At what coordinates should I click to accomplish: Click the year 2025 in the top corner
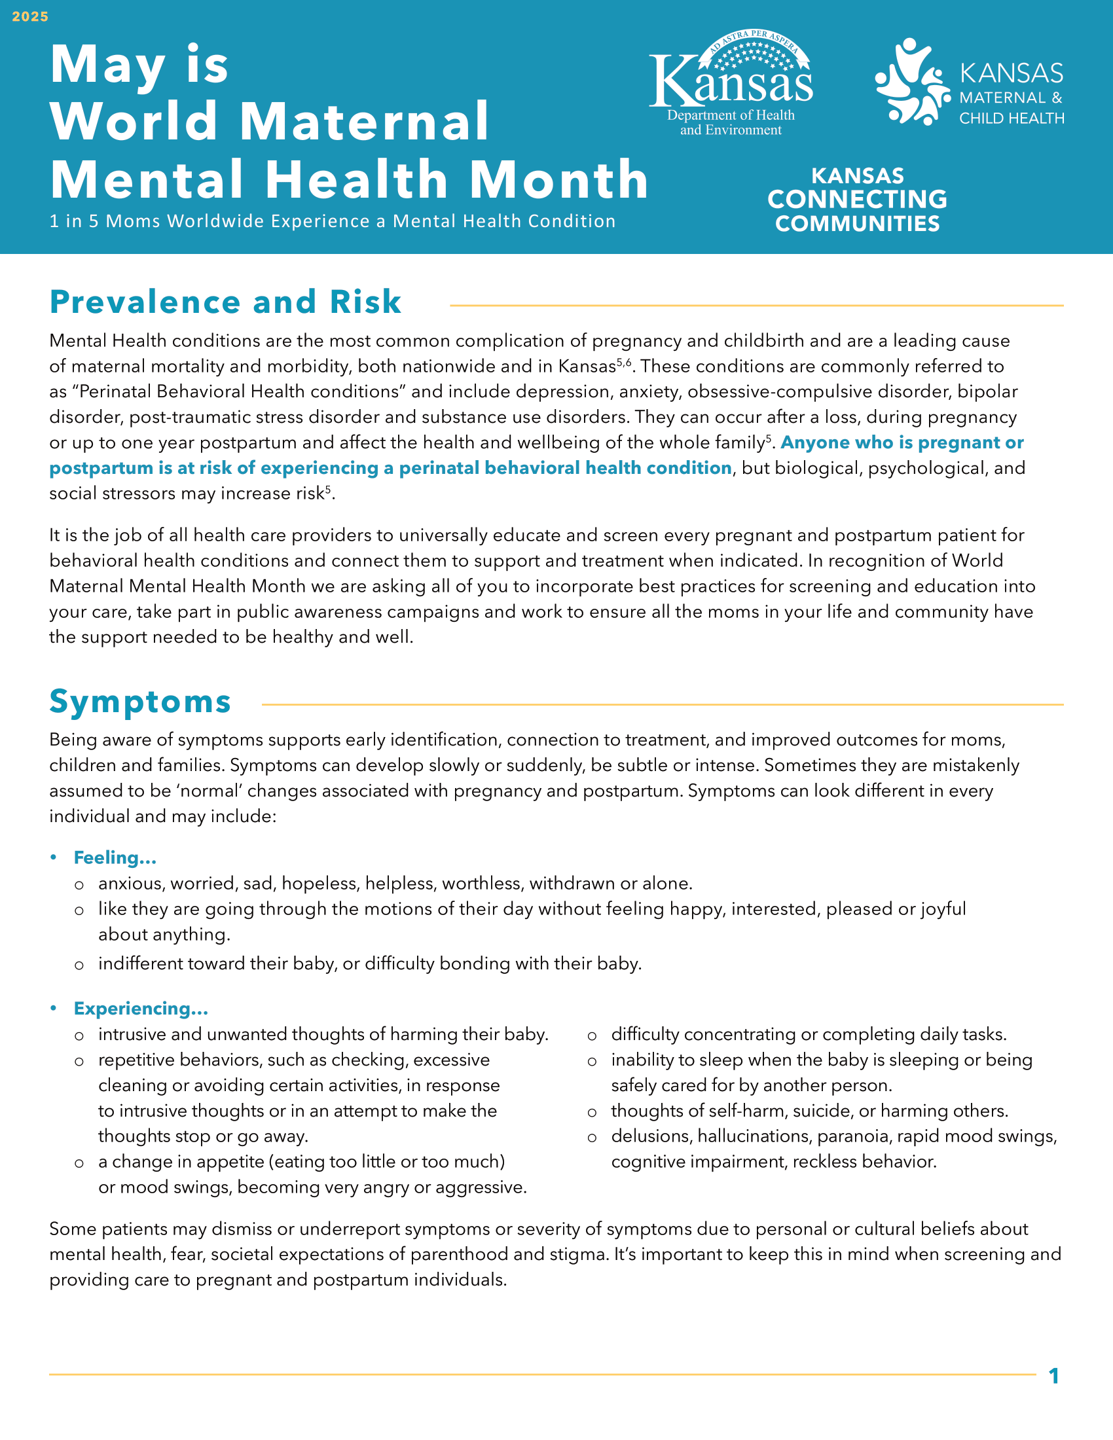[30, 16]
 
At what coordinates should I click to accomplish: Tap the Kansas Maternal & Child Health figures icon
[912, 82]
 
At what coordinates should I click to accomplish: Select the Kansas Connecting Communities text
[857, 200]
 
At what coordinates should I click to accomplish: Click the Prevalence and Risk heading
[225, 302]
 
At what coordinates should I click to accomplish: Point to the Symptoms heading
[140, 702]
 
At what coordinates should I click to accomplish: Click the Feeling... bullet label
[115, 858]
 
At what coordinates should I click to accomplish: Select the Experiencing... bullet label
[141, 1009]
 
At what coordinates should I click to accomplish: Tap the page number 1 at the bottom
[1053, 1376]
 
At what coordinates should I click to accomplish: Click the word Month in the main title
[559, 179]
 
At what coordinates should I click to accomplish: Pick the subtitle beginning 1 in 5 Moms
[333, 221]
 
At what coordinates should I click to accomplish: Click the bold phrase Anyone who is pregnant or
[902, 442]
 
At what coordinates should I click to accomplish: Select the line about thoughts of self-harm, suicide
[809, 1111]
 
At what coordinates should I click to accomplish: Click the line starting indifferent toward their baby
[370, 964]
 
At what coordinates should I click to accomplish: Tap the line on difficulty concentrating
[809, 1034]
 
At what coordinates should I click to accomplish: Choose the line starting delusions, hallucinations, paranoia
[833, 1136]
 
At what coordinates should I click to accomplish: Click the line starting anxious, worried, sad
[395, 884]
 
